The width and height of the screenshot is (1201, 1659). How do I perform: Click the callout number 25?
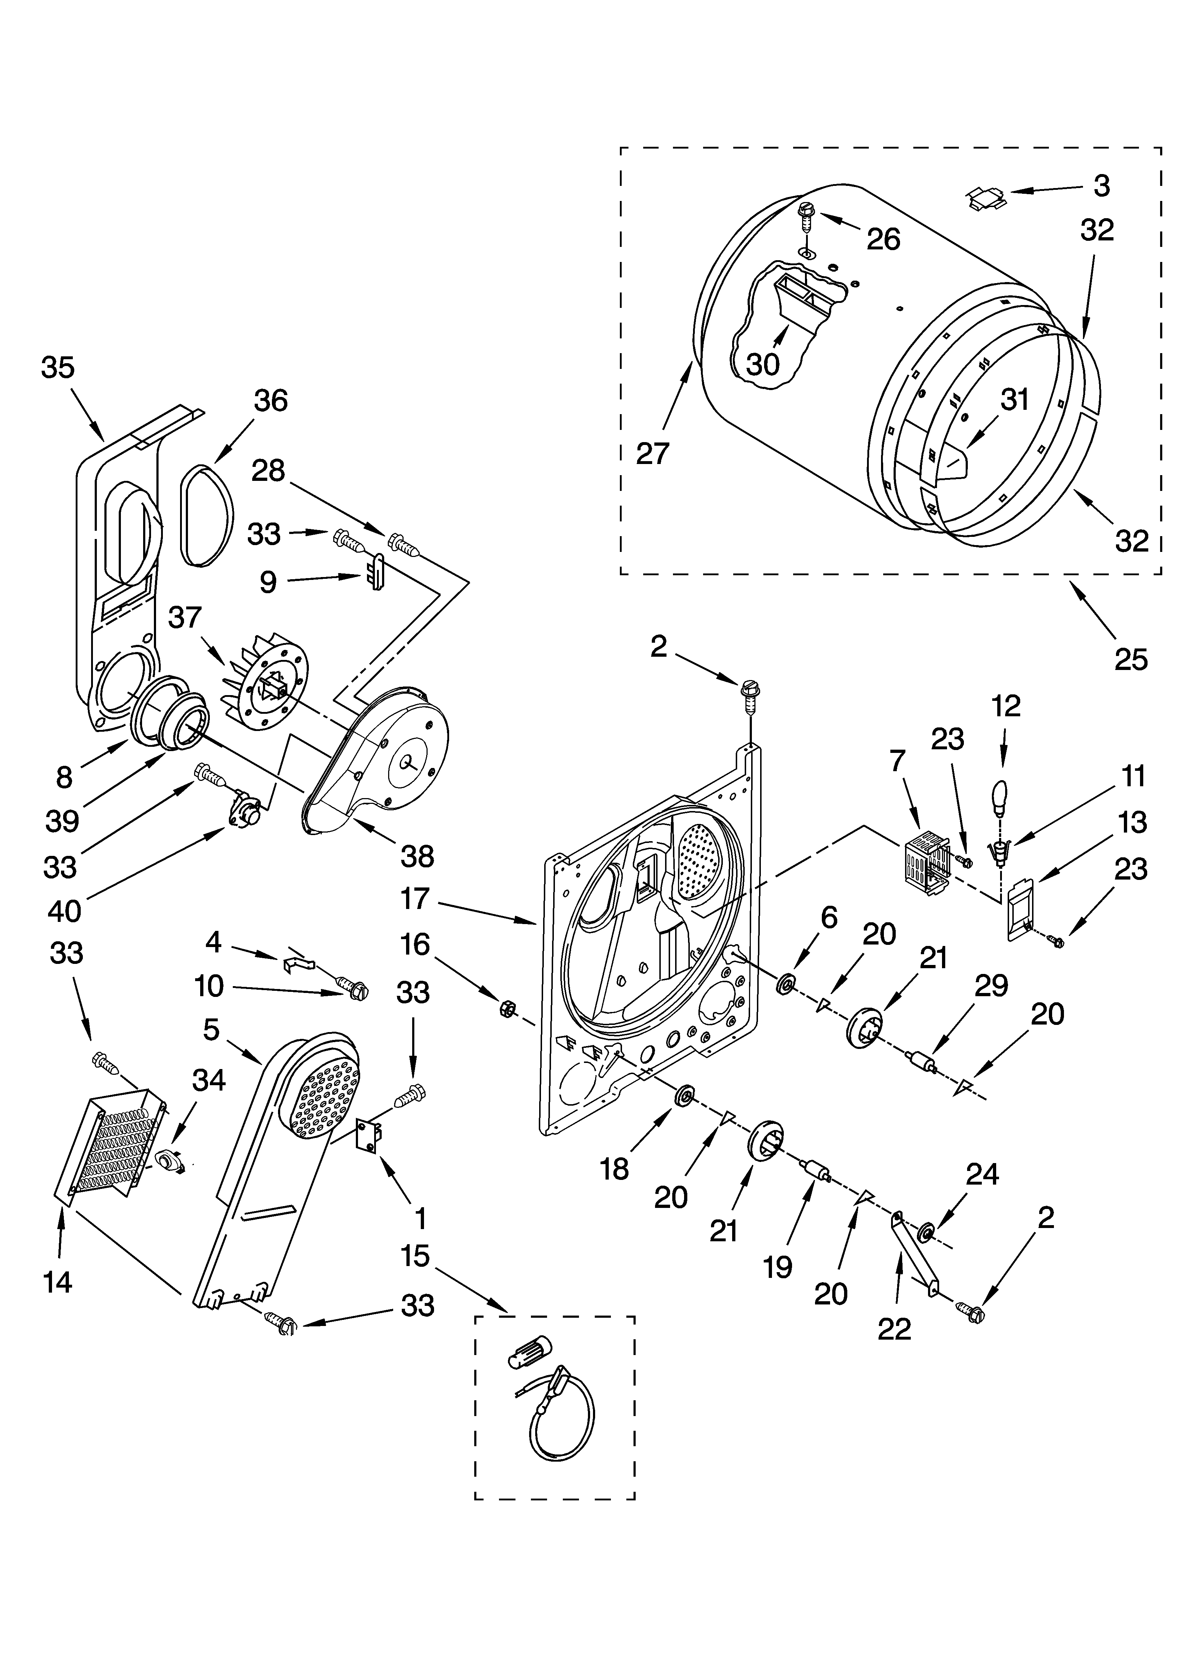pos(1130,660)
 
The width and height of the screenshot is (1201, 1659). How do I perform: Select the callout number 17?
pos(414,898)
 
